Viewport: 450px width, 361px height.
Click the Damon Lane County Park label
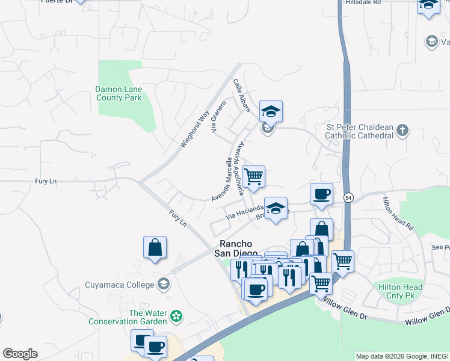[119, 93]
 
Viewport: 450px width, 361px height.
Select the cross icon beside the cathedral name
[402, 131]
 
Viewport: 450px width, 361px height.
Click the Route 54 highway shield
[348, 197]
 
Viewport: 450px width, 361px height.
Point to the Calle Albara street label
[241, 94]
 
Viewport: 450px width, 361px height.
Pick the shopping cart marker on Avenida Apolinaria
[254, 177]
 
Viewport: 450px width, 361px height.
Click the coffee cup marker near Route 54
[321, 195]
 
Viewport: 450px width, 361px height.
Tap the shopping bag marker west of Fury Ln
[155, 247]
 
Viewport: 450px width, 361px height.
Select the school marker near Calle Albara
[271, 111]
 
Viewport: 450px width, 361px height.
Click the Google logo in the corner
[20, 354]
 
